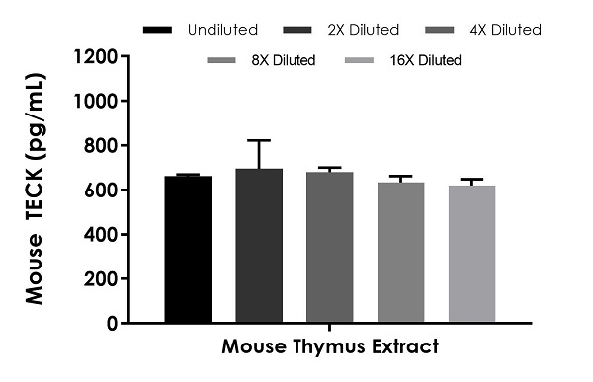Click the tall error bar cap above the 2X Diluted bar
click(259, 141)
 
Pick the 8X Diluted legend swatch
click(222, 61)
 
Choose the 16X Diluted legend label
click(424, 61)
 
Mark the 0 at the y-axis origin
click(114, 323)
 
